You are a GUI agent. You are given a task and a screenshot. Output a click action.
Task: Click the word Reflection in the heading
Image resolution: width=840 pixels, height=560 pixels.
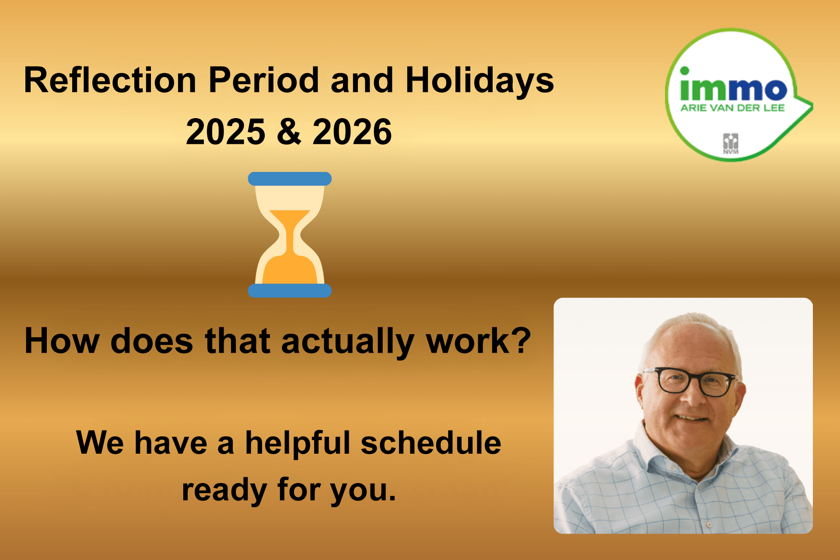[110, 80]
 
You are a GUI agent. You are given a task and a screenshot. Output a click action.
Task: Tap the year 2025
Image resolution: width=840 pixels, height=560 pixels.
[225, 132]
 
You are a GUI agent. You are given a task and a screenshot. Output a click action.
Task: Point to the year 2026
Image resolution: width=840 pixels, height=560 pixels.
[352, 132]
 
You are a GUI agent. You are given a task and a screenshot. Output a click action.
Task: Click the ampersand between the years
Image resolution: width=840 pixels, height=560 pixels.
[289, 132]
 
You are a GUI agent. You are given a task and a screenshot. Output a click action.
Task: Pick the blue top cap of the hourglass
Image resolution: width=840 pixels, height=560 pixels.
[290, 178]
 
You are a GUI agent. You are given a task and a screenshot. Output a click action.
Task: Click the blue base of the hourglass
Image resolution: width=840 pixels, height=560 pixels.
[290, 290]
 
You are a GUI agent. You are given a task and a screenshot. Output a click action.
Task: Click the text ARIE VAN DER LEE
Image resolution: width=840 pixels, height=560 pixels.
[732, 108]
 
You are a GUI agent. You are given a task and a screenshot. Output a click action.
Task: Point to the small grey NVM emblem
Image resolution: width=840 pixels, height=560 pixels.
[731, 143]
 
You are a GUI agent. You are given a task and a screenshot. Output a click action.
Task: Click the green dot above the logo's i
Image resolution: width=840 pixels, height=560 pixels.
[685, 71]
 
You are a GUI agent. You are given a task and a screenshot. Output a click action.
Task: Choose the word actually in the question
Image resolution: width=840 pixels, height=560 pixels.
[348, 342]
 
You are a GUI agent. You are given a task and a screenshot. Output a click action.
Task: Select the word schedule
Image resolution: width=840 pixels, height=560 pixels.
[431, 443]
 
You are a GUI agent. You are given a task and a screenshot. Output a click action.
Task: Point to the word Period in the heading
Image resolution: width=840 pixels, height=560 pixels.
[264, 80]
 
